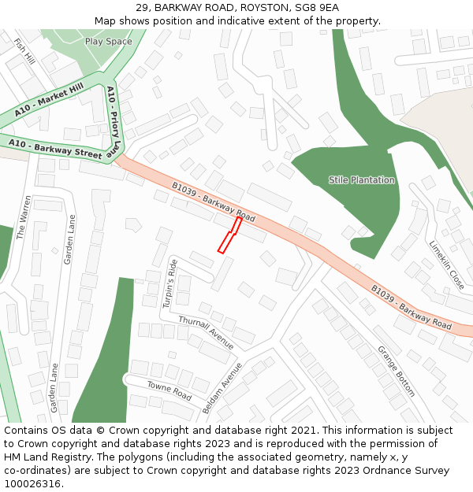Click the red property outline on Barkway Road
coord(229,236)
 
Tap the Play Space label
coord(108,41)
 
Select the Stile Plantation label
coord(362,180)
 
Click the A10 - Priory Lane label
coord(114,120)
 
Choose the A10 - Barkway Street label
coord(55,147)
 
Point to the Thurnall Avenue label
coord(206,331)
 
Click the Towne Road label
coord(169,390)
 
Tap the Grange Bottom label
coord(396,371)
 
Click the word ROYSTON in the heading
coord(257,7)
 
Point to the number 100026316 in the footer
coord(32,484)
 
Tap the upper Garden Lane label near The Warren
coord(69,239)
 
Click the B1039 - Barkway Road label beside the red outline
coord(213,202)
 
